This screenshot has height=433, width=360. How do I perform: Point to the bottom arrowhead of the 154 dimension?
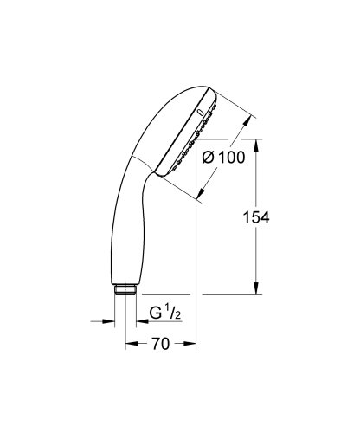pyautogui.click(x=257, y=292)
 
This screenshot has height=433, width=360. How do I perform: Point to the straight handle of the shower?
pyautogui.click(x=125, y=234)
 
